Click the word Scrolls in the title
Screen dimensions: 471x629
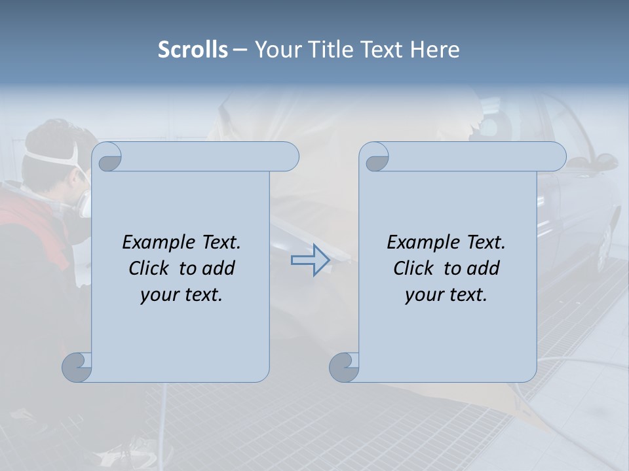(193, 50)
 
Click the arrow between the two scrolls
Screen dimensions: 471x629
(310, 260)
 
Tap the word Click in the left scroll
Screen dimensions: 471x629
(150, 268)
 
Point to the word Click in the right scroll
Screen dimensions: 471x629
(414, 268)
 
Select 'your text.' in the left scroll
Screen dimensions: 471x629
(181, 295)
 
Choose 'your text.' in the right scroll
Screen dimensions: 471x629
(446, 295)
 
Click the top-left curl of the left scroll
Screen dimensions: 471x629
(107, 158)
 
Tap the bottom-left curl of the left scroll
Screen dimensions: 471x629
(77, 367)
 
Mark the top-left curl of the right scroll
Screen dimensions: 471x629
(375, 158)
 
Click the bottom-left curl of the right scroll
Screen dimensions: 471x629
(345, 367)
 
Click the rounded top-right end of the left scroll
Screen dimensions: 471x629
(288, 156)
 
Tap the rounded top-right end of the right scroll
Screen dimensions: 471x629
(556, 156)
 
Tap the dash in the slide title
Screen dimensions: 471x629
(240, 50)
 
